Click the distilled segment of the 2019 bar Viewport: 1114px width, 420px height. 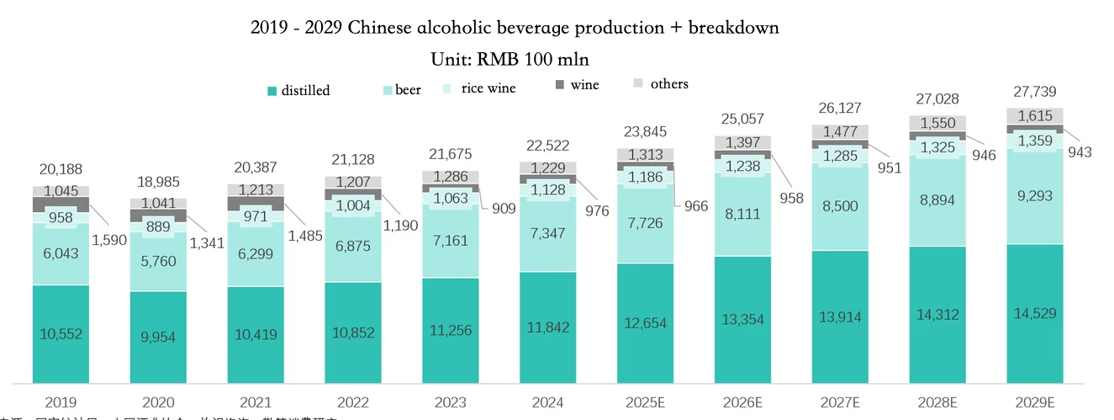pyautogui.click(x=61, y=332)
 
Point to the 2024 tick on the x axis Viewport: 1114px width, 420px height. pyautogui.click(x=548, y=403)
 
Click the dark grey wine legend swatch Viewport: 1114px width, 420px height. pyautogui.click(x=561, y=84)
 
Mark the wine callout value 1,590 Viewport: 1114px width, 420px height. pyautogui.click(x=109, y=240)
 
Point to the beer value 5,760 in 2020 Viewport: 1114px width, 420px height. pyautogui.click(x=158, y=260)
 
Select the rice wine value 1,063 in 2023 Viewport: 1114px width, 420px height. pyautogui.click(x=451, y=199)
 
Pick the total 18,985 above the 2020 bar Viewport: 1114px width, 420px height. pyautogui.click(x=158, y=182)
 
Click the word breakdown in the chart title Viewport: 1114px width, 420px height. pyautogui.click(x=733, y=28)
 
